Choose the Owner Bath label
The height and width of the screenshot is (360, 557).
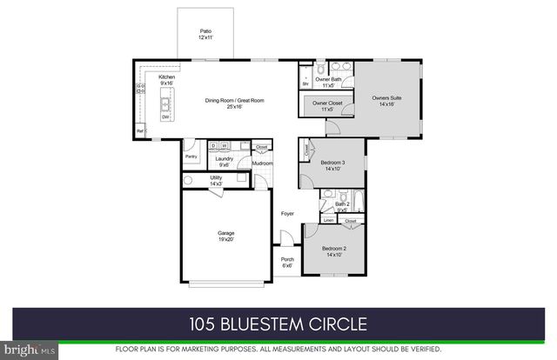[x=327, y=82]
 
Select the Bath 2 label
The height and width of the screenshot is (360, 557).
[x=342, y=206]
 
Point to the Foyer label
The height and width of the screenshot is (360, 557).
[x=286, y=214]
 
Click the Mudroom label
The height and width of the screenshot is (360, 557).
[x=263, y=163]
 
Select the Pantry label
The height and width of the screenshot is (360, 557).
[x=191, y=157]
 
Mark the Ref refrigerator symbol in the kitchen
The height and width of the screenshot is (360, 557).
[x=139, y=131]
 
